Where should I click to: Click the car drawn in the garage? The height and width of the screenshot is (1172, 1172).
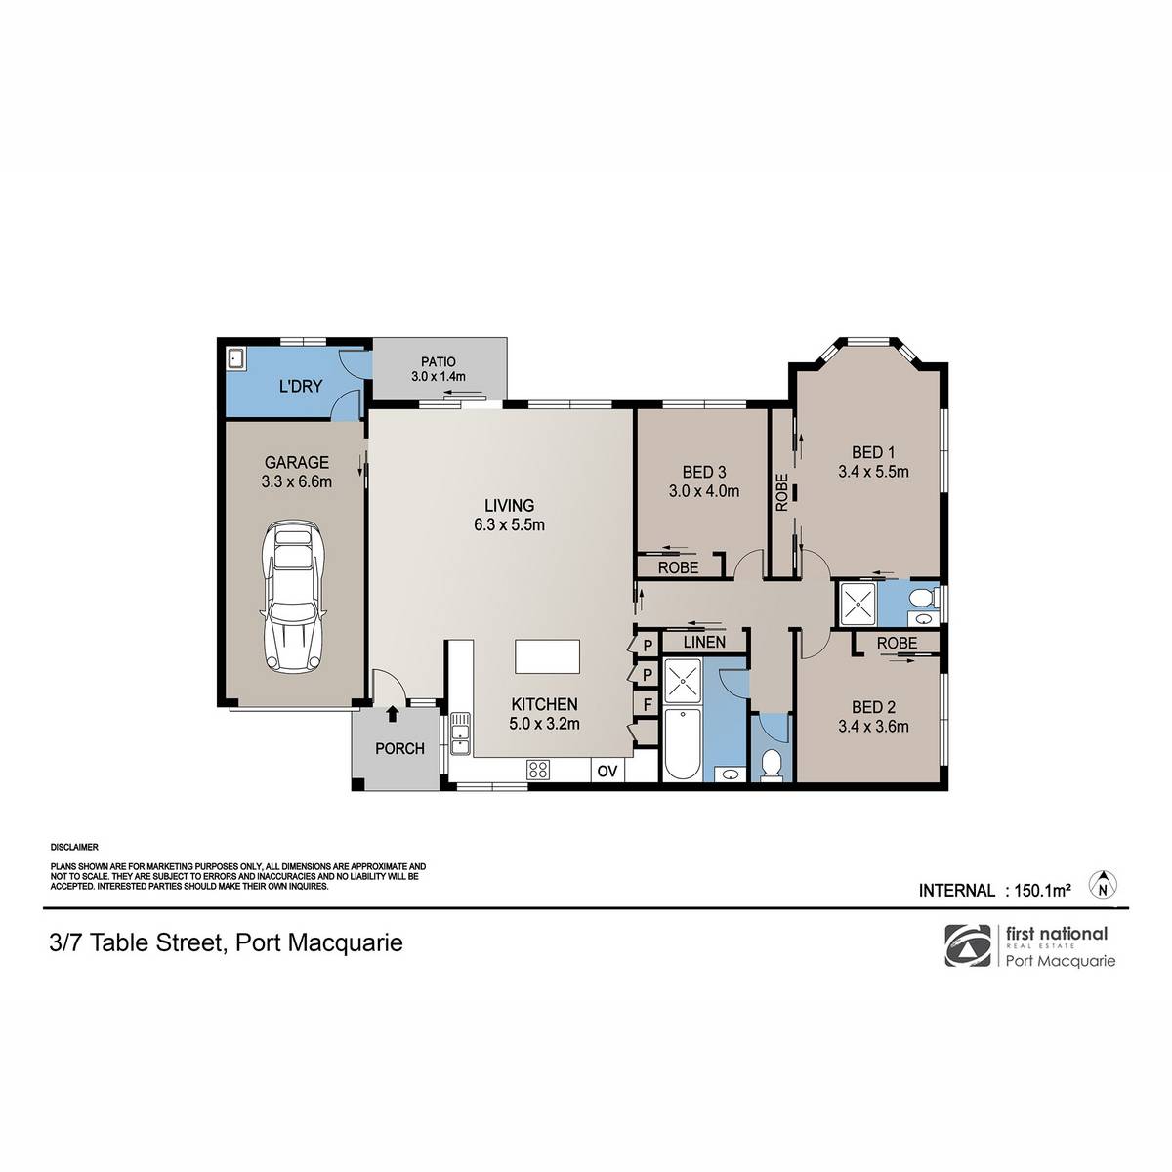point(294,596)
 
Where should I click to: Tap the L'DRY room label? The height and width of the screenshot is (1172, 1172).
point(301,386)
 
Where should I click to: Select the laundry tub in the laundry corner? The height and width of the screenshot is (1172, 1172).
point(236,358)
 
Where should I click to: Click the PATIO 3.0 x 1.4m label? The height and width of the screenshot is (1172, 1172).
point(438,369)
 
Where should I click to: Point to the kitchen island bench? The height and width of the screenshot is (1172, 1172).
point(547,656)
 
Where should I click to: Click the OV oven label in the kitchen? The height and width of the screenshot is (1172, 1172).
point(607,772)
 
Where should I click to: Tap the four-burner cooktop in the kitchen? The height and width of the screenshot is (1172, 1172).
point(538,770)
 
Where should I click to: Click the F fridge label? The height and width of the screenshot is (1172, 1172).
point(648,705)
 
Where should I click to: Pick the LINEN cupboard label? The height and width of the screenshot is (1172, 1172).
point(703,642)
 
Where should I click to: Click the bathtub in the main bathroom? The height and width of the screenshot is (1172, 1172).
point(681,744)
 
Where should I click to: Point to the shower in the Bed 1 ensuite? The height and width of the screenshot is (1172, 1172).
point(858,605)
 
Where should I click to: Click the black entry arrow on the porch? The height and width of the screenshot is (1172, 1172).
point(393,713)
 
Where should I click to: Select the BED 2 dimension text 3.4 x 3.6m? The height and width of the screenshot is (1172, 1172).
point(873,726)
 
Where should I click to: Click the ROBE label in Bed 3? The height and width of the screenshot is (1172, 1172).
point(678,567)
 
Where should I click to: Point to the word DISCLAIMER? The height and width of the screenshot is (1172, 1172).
point(74,847)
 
